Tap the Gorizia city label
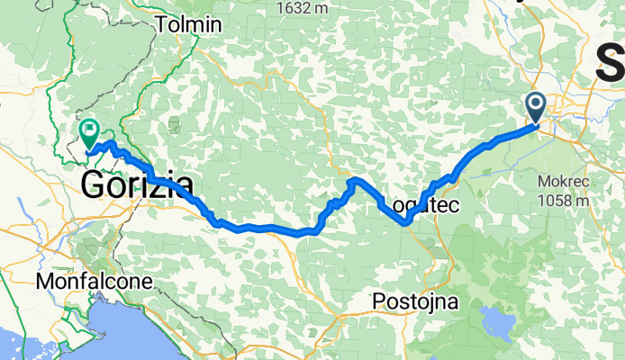click(x=137, y=186)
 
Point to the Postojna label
click(x=416, y=299)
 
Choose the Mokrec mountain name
click(x=563, y=180)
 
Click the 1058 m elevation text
click(x=563, y=200)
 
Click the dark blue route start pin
click(x=536, y=108)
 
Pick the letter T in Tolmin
click(x=162, y=25)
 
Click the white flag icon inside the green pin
click(x=90, y=131)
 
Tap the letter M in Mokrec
click(x=544, y=180)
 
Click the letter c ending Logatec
click(x=455, y=205)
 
